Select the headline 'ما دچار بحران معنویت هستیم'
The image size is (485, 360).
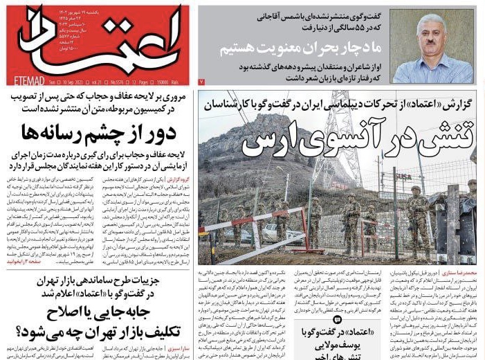(x=298, y=50)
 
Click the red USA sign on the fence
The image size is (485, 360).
(x=403, y=178)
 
